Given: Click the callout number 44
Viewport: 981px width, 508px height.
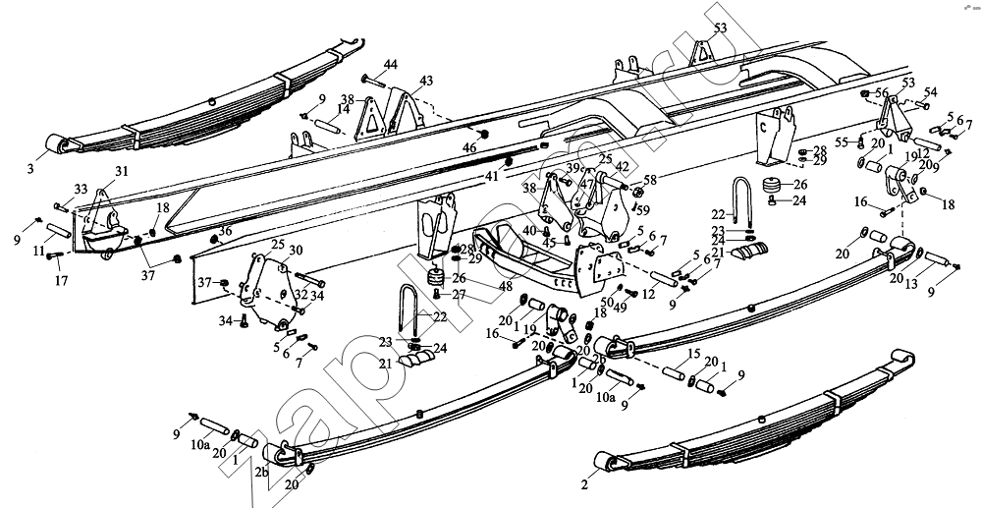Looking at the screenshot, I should click(390, 65).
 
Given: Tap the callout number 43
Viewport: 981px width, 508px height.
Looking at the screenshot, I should click(425, 80).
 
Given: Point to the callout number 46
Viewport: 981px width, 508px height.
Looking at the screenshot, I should click(470, 147).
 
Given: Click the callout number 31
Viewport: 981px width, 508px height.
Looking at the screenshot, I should click(121, 171).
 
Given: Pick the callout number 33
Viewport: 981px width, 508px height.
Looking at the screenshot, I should click(81, 189).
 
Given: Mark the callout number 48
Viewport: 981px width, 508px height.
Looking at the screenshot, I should click(506, 286).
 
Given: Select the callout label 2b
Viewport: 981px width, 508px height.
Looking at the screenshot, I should click(261, 472).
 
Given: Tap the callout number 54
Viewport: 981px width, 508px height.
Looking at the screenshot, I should click(930, 91).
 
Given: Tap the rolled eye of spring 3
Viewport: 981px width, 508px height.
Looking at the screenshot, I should click(64, 146).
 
